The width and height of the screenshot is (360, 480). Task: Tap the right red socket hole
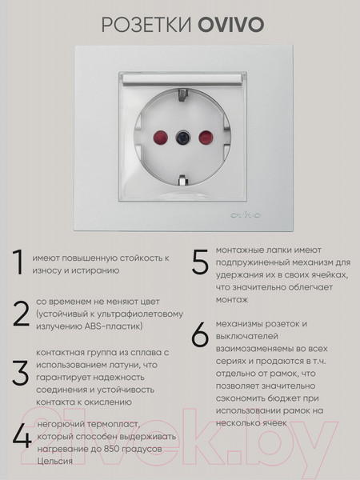(202, 134)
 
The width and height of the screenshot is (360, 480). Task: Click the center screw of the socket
(179, 134)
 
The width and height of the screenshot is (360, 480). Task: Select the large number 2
(21, 315)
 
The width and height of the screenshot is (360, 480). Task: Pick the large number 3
(21, 374)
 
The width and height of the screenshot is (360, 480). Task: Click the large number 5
(200, 263)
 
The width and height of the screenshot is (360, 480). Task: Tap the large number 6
(200, 335)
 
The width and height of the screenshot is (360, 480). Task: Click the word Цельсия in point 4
(54, 462)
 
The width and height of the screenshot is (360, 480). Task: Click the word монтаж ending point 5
(231, 299)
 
